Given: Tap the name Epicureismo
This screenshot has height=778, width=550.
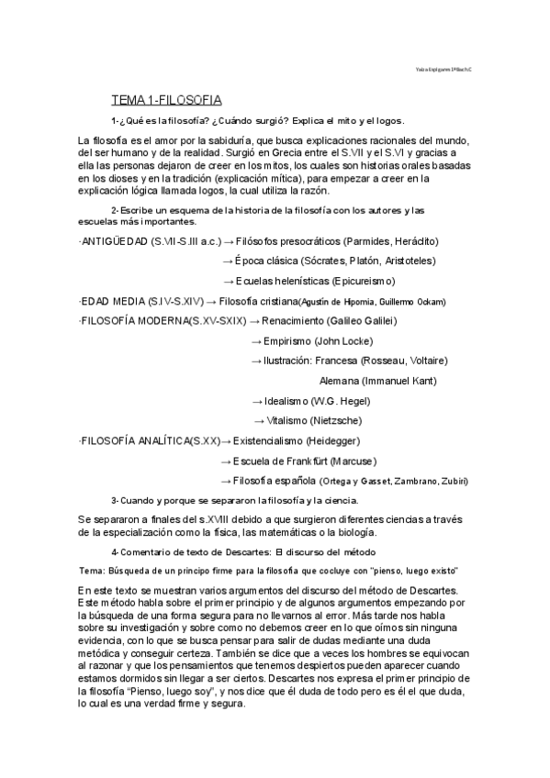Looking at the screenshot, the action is (357, 281).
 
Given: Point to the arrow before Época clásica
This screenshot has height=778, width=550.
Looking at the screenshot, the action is (228, 261).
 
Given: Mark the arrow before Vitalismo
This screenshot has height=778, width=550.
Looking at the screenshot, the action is (258, 420).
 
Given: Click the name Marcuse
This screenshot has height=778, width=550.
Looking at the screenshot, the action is (352, 461).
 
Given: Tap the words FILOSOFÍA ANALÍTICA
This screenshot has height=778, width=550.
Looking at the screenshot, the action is (137, 440).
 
